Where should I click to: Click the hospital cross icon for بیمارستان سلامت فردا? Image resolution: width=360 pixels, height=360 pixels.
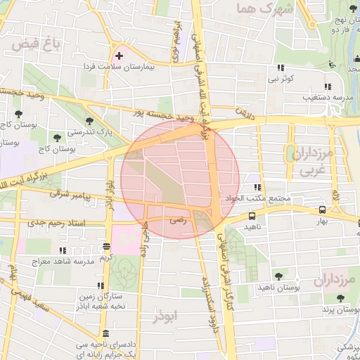coord(118,56)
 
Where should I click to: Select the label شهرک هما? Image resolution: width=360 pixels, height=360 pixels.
coord(255,9)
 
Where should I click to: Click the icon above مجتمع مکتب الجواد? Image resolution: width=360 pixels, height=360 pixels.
coord(257,188)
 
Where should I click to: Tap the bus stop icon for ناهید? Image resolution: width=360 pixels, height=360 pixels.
coord(252,217)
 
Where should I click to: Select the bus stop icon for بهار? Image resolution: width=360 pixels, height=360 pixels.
coord(322,210)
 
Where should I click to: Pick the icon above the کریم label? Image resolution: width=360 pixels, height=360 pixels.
coord(106,247)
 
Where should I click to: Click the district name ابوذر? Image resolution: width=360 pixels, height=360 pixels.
coord(166,317)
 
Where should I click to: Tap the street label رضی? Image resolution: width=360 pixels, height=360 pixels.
coord(177,219)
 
